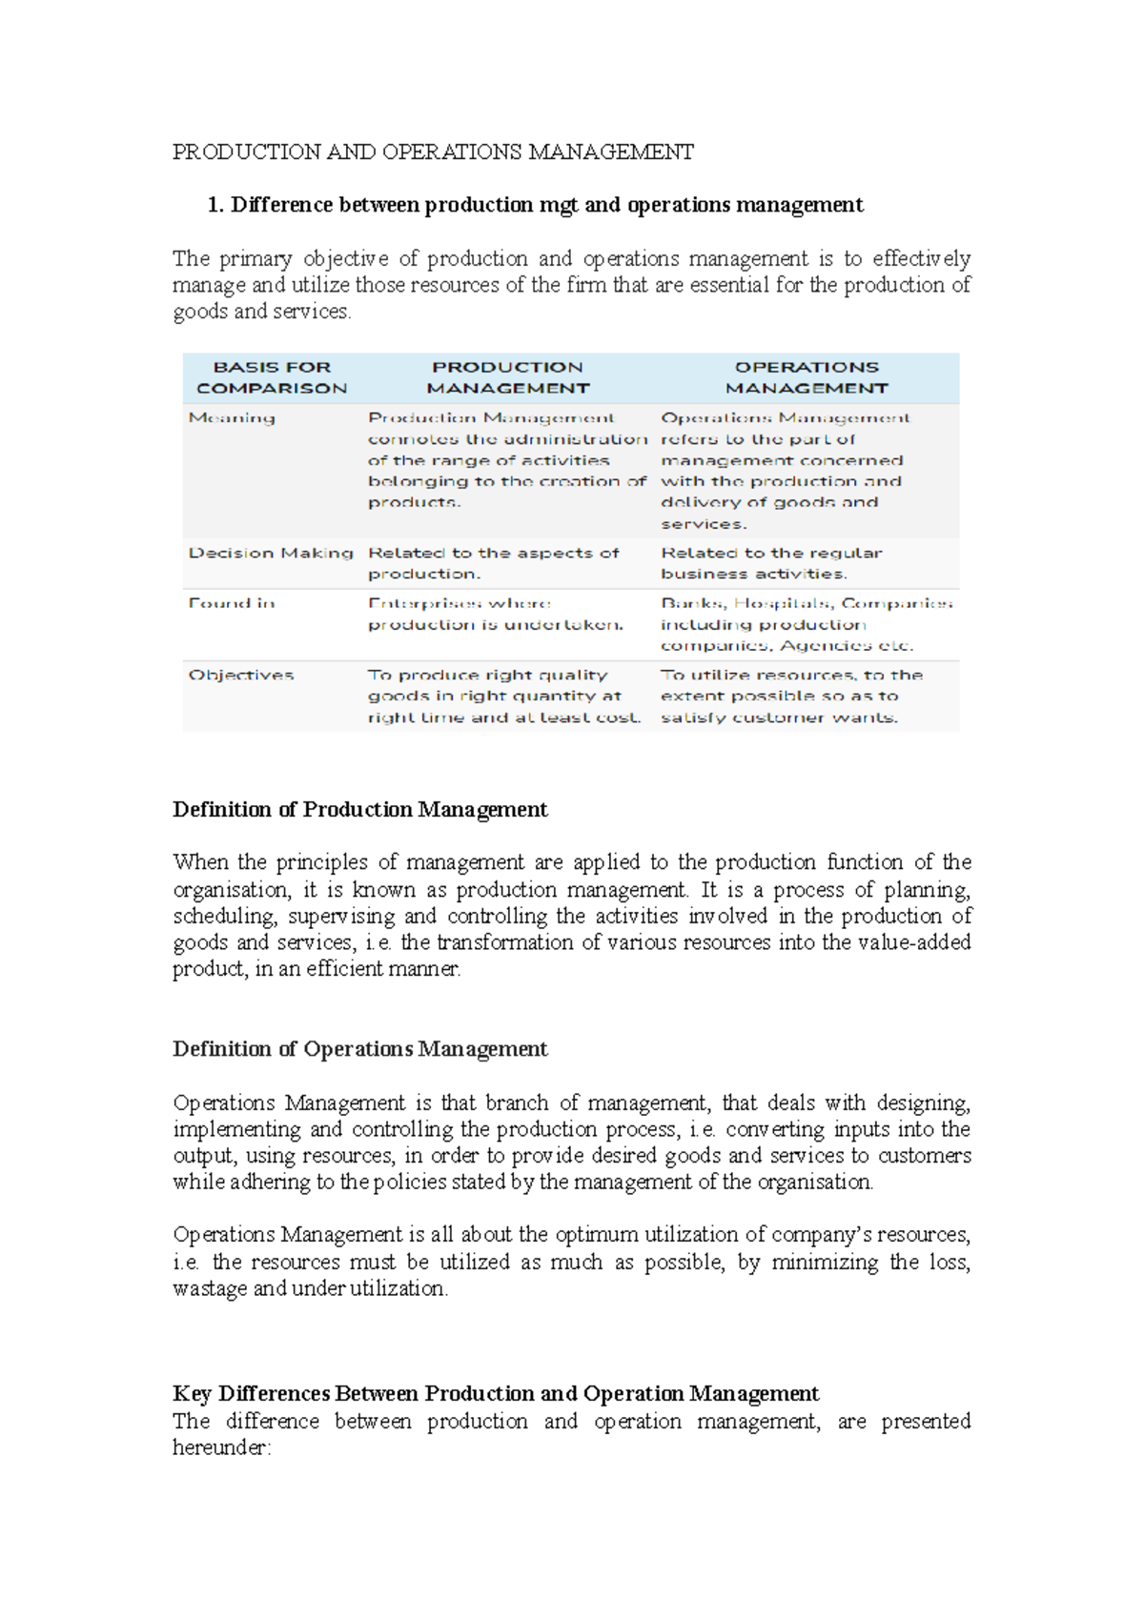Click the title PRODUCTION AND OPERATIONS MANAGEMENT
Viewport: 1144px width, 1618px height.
[433, 152]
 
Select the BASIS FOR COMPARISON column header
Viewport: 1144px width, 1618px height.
[272, 377]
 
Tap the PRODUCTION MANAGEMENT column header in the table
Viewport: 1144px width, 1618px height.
[507, 377]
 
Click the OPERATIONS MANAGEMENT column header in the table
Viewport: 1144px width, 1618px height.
[807, 377]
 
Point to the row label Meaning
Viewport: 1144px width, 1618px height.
[232, 417]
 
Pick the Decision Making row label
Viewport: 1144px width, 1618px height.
[271, 553]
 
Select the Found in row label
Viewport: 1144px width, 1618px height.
[232, 603]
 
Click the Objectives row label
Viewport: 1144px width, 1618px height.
[241, 675]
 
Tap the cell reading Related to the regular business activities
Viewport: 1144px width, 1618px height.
[770, 563]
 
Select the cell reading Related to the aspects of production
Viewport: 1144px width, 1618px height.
[493, 563]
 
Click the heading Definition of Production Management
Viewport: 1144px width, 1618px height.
[359, 810]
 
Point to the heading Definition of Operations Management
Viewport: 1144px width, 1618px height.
[359, 1049]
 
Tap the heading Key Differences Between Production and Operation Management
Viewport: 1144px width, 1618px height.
[495, 1394]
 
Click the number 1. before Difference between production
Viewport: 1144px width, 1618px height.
[215, 205]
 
